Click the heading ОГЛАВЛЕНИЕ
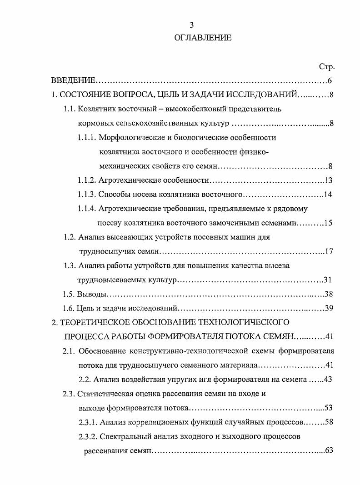coord(203,38)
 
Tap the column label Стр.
coord(327,67)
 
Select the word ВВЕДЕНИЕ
coord(73,81)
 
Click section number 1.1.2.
coord(86,180)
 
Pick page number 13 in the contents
coord(329,180)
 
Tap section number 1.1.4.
coord(86,209)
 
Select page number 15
coord(329,223)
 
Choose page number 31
coord(329,280)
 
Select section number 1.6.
coord(69,308)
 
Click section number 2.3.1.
coord(86,422)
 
